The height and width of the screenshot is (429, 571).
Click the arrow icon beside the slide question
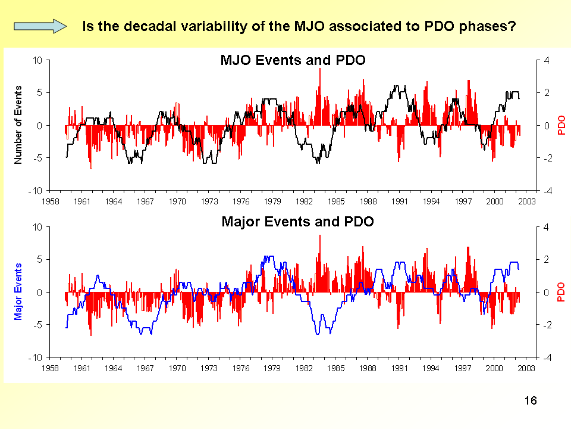(x=40, y=26)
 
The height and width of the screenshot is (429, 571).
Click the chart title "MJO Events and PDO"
(x=293, y=60)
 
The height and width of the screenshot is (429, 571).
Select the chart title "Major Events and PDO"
(x=297, y=222)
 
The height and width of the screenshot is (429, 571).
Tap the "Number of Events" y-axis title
(x=18, y=125)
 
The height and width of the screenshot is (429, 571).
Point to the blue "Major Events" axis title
(x=18, y=291)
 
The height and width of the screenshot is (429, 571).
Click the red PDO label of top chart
(x=561, y=126)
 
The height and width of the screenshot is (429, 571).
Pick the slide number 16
(x=531, y=400)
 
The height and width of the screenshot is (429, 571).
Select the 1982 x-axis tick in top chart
(x=305, y=201)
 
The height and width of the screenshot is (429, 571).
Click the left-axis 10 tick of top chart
(x=37, y=60)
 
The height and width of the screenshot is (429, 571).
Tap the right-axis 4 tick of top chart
(x=547, y=60)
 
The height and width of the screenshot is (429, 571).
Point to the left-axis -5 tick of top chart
(x=37, y=158)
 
